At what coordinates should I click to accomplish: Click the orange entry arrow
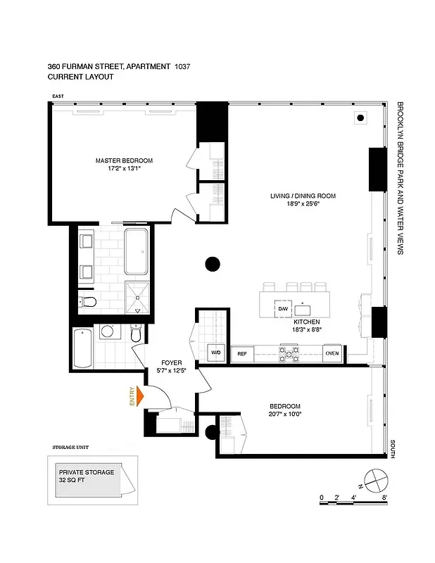(x=139, y=397)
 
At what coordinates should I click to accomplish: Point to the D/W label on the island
(x=284, y=309)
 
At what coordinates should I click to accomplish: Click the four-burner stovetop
(x=289, y=352)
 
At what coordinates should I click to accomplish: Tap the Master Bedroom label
(x=124, y=160)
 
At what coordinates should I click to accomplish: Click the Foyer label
(x=172, y=362)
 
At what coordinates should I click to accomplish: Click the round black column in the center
(x=213, y=265)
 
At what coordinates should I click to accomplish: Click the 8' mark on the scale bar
(x=385, y=498)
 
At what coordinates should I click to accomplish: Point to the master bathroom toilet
(x=87, y=303)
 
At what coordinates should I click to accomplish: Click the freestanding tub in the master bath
(x=137, y=251)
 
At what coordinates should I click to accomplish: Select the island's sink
(x=306, y=309)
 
